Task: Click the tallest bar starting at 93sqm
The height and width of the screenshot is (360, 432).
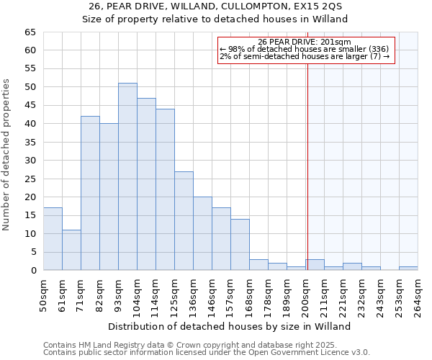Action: (x=127, y=176)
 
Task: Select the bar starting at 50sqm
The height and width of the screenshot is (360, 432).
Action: (x=53, y=239)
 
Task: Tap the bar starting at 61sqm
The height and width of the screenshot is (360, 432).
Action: (x=71, y=250)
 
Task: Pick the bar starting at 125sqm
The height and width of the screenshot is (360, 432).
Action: (x=184, y=221)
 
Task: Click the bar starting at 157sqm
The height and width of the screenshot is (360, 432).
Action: (x=240, y=245)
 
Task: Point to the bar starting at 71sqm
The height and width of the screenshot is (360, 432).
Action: (x=90, y=193)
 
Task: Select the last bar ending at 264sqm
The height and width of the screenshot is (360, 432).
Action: (x=408, y=269)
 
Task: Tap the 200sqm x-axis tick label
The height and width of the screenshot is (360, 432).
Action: (x=305, y=295)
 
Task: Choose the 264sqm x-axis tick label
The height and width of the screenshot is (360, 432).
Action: (x=418, y=295)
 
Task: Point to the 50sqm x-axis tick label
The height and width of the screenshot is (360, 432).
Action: (x=43, y=295)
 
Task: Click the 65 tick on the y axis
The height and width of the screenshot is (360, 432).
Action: (x=30, y=32)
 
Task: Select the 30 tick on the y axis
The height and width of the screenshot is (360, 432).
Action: (x=30, y=161)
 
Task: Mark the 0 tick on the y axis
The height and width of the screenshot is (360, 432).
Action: (x=32, y=271)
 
